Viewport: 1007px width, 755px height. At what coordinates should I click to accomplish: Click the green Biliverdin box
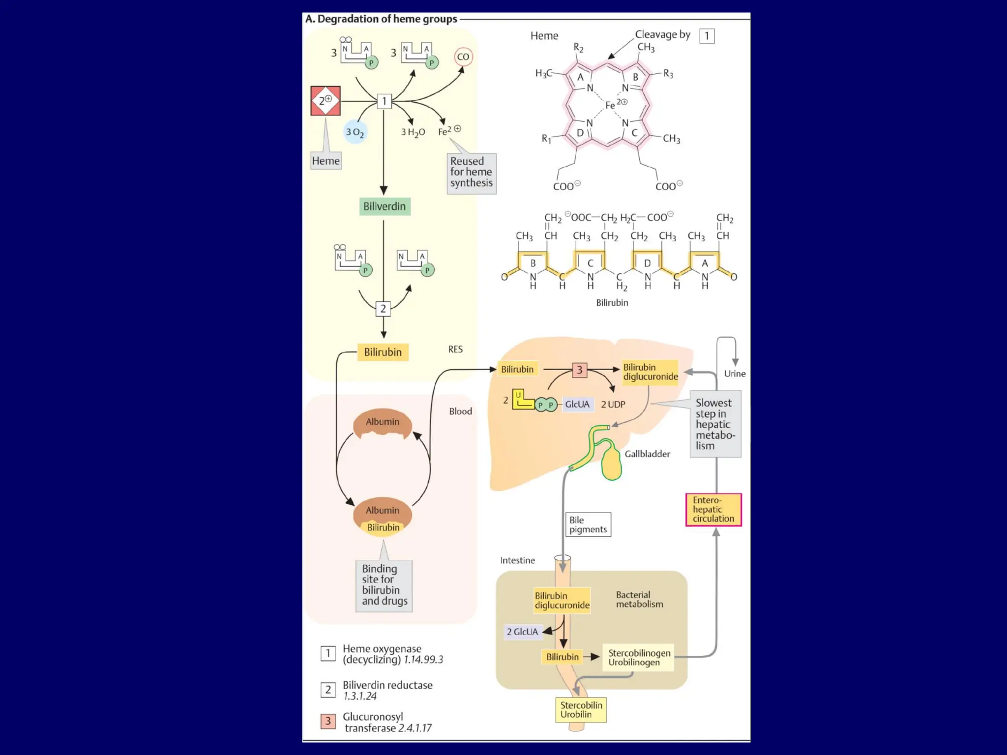coord(385,206)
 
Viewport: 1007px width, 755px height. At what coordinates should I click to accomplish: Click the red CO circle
coord(463,57)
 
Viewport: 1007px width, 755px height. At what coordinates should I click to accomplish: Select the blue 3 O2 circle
coord(355,132)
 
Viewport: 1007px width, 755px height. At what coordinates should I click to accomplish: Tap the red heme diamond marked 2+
coord(326,101)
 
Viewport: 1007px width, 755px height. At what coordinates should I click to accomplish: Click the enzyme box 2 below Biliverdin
coord(384,309)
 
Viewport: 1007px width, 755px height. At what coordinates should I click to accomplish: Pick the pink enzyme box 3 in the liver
coord(580,370)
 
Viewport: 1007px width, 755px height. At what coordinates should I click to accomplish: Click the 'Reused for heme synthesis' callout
coord(471,173)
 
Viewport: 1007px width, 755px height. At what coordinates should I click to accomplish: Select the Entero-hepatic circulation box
coord(713,510)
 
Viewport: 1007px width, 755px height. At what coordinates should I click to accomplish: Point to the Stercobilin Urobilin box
coord(581,710)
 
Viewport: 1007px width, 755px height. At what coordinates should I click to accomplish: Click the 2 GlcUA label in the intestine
coord(523,632)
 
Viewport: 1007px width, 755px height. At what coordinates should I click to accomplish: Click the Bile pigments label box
coord(588,524)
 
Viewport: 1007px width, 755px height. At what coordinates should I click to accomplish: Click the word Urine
coord(735,374)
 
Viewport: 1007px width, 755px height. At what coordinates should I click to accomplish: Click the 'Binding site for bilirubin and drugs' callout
coord(384,585)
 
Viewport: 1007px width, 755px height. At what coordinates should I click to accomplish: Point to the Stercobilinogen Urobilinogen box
coord(639,658)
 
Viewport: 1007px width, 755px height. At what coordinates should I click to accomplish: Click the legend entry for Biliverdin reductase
coord(387,690)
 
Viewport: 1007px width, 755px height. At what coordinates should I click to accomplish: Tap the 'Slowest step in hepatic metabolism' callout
coord(715,424)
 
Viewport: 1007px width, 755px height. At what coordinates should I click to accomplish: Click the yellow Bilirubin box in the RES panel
coord(383,352)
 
